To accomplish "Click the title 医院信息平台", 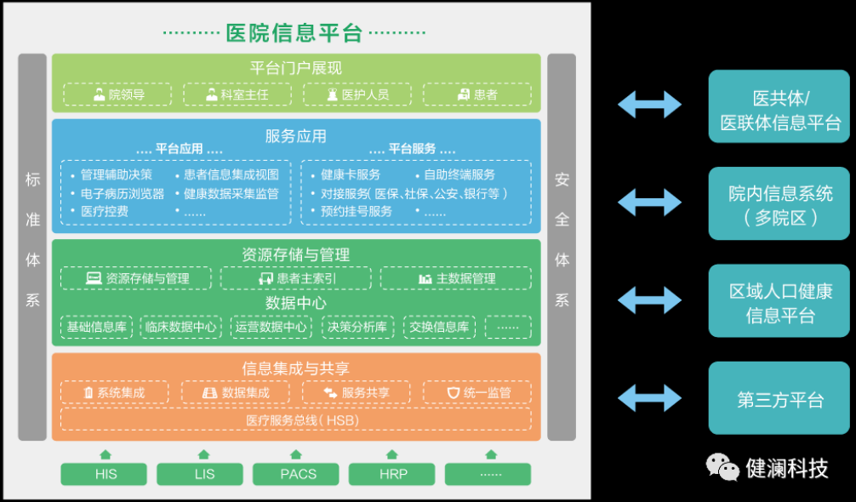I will point(294,32).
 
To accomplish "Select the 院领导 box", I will point(117,94).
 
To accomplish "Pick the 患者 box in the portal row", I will point(477,94).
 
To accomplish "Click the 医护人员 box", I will point(357,94).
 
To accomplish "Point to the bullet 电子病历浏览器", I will point(122,193).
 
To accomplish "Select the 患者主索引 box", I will point(295,278).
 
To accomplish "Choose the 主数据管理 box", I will point(455,278).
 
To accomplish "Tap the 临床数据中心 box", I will point(181,327).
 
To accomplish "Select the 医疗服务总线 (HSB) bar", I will point(295,420).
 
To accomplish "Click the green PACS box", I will point(297,474).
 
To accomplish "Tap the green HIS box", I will point(106,474).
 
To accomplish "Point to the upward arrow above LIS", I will point(203,455).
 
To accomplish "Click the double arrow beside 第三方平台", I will point(649,396).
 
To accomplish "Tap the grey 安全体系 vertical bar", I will point(562,247).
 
